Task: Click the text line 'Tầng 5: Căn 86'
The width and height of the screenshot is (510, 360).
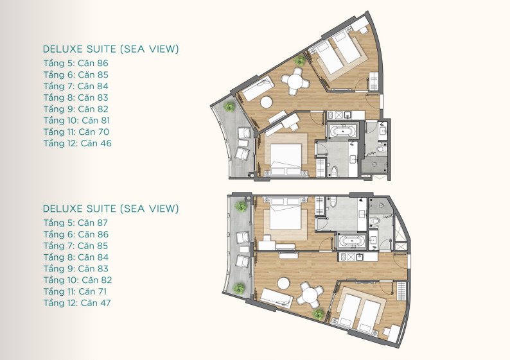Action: point(76,63)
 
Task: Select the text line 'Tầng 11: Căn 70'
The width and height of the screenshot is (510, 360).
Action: point(76,132)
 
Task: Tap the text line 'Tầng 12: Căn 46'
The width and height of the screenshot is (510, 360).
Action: point(78,143)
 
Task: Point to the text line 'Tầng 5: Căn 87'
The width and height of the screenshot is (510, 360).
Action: point(76,223)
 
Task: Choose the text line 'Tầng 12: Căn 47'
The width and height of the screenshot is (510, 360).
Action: point(77,302)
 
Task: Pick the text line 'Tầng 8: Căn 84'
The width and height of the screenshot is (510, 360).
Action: point(76,257)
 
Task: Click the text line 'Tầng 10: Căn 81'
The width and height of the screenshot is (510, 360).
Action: point(77,120)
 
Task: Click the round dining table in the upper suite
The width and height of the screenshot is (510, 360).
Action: point(295,81)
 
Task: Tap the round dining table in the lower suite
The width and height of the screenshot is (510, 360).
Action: point(311,296)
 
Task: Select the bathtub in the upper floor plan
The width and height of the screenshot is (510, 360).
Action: point(342,132)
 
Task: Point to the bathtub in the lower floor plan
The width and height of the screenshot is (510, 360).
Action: point(352,241)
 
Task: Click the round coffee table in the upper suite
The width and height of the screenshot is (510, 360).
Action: point(266,102)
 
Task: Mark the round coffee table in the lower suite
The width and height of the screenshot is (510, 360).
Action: point(284,283)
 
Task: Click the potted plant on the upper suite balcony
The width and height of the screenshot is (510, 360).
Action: point(229,107)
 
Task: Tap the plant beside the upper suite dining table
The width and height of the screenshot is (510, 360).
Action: point(299,60)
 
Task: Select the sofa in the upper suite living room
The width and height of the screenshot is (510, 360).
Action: point(258,88)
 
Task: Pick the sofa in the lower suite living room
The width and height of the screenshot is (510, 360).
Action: point(276,298)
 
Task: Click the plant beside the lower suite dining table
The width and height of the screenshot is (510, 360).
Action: point(318,314)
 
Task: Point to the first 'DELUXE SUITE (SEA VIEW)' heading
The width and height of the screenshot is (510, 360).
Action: point(111,49)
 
